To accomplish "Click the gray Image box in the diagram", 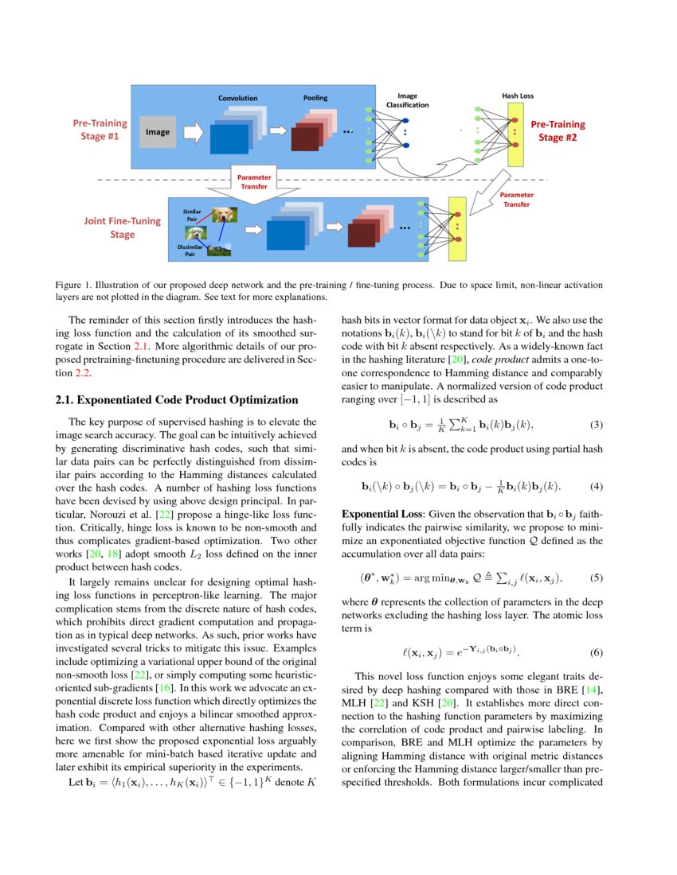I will pos(157,132).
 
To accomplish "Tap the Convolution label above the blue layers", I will pos(237,98).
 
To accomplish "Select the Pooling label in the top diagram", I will pos(315,98).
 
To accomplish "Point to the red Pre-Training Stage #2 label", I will pos(558,130).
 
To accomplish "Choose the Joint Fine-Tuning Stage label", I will pos(123,227).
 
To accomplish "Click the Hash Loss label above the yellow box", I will pos(518,95).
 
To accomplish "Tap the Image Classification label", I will pos(407,100).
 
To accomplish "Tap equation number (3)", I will pos(596,424).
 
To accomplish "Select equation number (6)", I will pos(596,652).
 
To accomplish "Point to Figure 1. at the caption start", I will pos(76,284).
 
